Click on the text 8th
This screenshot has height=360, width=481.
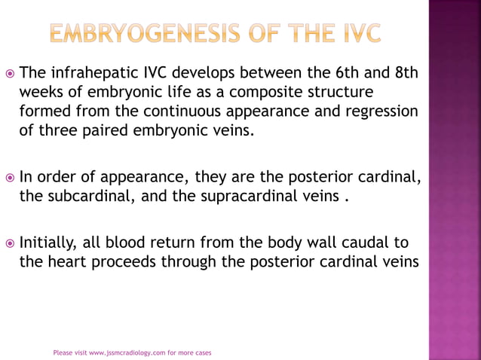[405, 74]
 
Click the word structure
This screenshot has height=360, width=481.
[338, 93]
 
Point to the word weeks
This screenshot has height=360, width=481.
[42, 93]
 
